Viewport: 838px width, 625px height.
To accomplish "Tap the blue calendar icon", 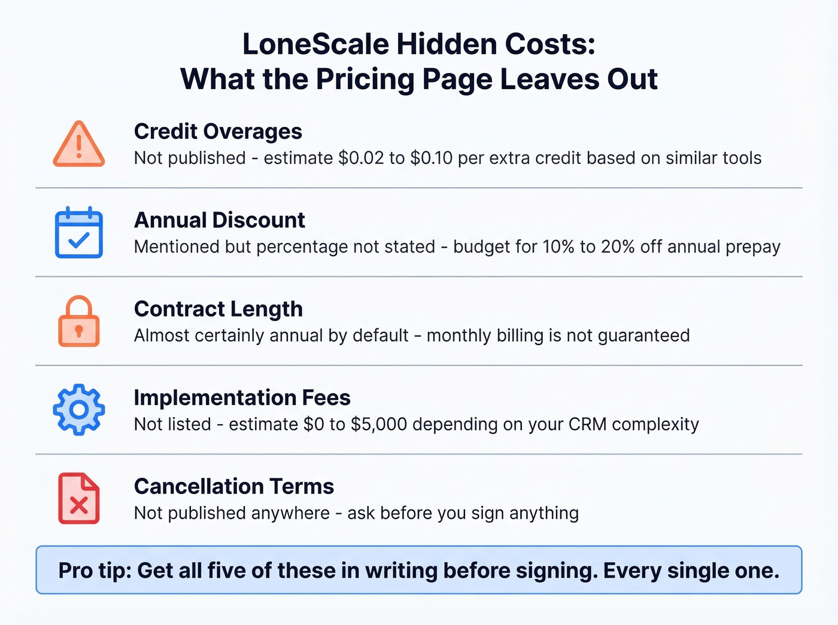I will coord(79,233).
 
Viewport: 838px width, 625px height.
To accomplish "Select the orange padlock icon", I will coord(79,321).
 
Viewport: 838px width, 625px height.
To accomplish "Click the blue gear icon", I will coord(79,410).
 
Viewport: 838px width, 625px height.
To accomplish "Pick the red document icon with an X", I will coord(79,498).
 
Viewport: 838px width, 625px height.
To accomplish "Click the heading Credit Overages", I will coord(218,132).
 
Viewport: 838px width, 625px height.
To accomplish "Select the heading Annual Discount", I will coord(220,220).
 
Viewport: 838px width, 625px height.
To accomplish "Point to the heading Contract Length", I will coord(218,309).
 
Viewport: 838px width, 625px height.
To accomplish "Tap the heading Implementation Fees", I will coord(242,398).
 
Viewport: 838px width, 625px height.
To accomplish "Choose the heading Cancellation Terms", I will coord(234,486).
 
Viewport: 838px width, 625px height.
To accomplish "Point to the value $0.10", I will coord(432,158).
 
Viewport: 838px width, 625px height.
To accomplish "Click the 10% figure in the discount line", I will coord(558,246).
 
